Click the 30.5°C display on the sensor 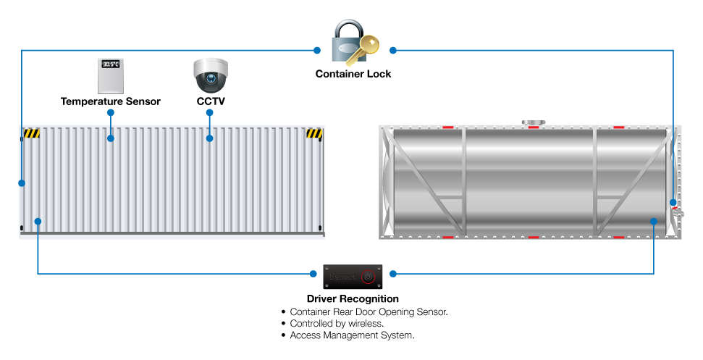tap(111, 64)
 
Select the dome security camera tap(211, 75)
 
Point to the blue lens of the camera tap(211, 79)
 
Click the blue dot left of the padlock tap(317, 50)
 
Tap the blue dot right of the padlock tap(393, 50)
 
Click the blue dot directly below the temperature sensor tap(111, 112)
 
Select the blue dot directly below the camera tap(209, 112)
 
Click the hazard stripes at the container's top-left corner tap(31, 133)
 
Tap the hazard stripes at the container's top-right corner tap(314, 133)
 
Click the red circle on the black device tap(368, 276)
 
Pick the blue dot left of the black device tap(313, 274)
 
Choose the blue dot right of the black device tap(393, 274)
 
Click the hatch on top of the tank tap(534, 123)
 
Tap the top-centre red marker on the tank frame tap(534, 127)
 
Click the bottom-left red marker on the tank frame tap(448, 237)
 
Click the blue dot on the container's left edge tap(22, 183)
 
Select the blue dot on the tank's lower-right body tap(654, 221)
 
